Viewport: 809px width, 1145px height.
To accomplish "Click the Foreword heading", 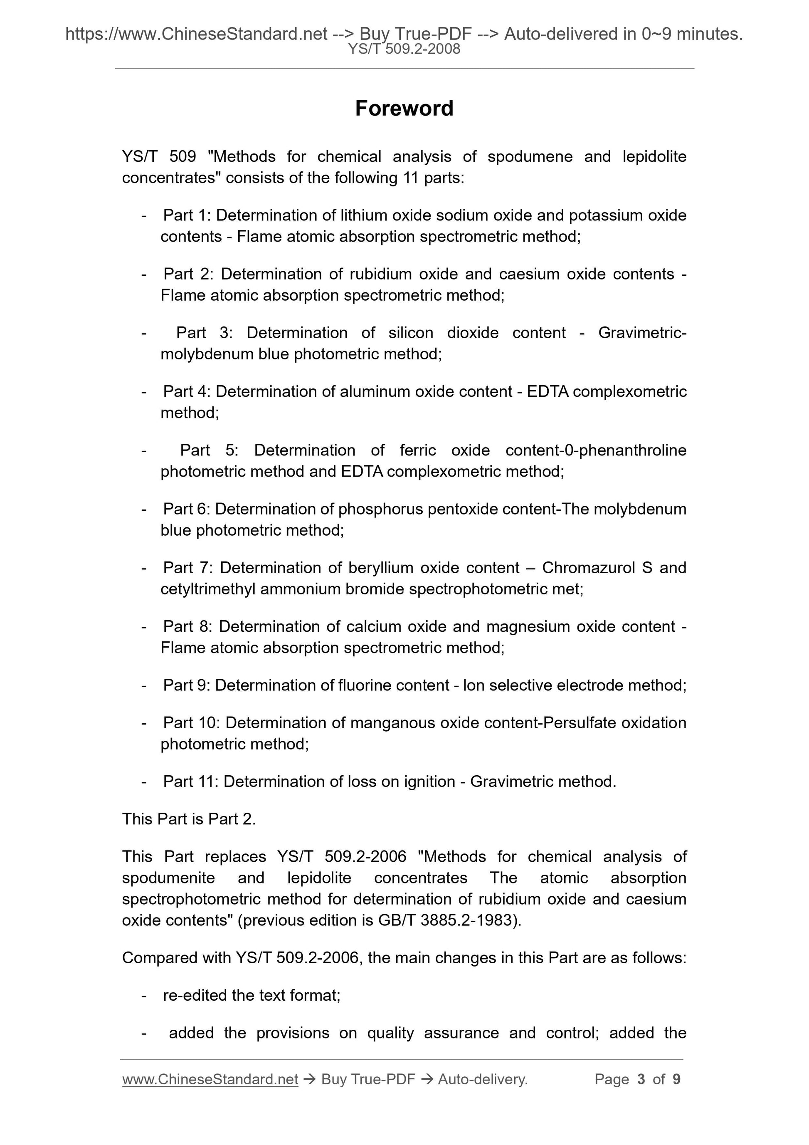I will pos(404,109).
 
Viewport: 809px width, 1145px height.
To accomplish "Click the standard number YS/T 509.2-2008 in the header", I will pos(404,49).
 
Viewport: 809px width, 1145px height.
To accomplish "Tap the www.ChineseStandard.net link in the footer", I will pos(210,1079).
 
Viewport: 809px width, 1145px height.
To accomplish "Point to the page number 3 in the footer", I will pos(641,1079).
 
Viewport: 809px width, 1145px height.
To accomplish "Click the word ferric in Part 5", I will pos(418,450).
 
